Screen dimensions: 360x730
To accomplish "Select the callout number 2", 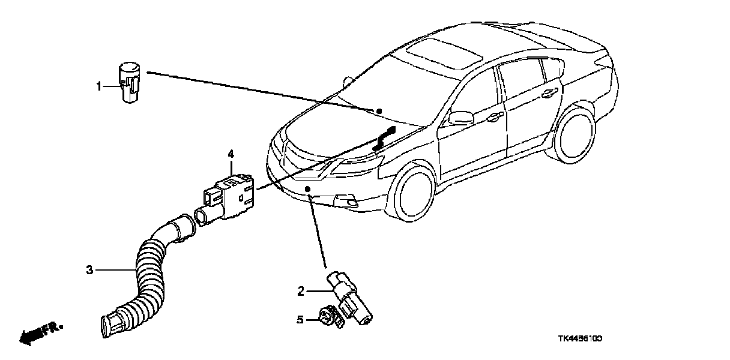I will [301, 292].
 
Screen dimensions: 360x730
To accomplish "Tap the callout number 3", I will [89, 271].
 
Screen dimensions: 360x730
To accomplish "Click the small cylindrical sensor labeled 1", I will [127, 82].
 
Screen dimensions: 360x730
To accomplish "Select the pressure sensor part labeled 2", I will [349, 296].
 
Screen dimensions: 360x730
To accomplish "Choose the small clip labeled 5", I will [328, 317].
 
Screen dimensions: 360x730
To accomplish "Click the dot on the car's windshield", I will [379, 111].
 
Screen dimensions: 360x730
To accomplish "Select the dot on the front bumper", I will [308, 190].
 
